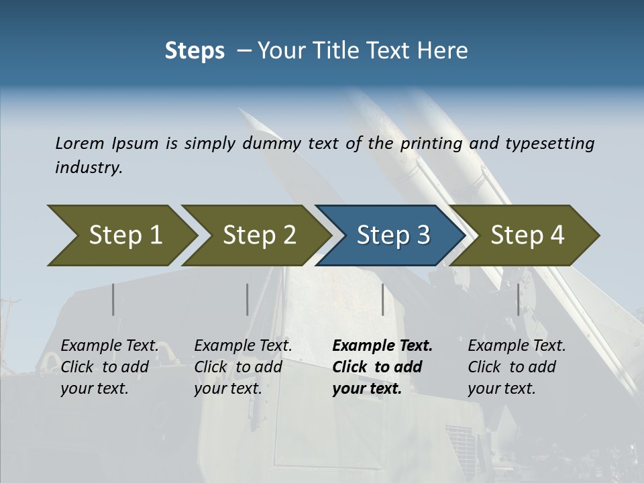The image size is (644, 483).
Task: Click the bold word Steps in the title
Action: point(195,50)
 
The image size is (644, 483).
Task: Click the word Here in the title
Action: point(441,50)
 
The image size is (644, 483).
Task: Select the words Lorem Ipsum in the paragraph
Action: point(107,144)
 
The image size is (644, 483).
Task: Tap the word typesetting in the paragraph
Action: point(549,144)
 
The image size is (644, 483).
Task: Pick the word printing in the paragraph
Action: point(431,144)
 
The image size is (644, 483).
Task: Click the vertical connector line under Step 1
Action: point(113,299)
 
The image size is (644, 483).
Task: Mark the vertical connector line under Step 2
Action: point(248,299)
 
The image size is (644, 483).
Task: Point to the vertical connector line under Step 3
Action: point(382,299)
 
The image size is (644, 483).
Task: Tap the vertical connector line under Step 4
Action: point(518,299)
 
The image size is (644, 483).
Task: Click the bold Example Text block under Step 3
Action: point(382,367)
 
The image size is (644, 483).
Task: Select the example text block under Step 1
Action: point(109,367)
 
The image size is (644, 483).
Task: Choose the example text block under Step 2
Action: point(243,367)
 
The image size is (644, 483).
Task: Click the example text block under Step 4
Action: point(517,367)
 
